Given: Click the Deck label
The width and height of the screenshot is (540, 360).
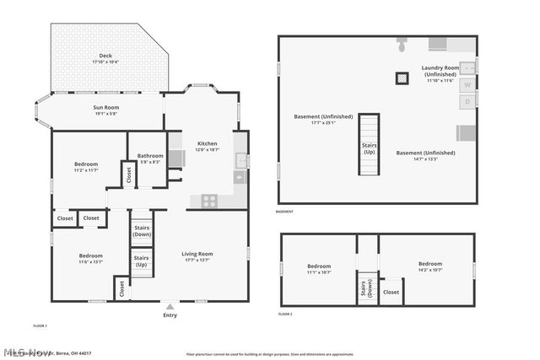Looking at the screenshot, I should [x=105, y=59].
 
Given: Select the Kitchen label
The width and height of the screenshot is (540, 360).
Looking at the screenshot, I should [x=208, y=146].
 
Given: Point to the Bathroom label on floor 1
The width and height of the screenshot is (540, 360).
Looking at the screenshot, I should [x=150, y=158].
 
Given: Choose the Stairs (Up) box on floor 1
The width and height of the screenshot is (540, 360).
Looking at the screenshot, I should [x=142, y=261].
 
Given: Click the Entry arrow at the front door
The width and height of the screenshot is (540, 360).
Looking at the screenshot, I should [x=170, y=306].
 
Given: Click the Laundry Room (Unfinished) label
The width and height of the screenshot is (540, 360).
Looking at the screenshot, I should [x=440, y=73].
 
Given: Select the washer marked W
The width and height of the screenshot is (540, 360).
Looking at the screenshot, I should [x=467, y=83].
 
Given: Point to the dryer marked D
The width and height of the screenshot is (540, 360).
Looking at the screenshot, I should [x=467, y=101].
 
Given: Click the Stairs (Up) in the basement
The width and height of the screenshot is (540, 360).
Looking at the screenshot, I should [x=369, y=145].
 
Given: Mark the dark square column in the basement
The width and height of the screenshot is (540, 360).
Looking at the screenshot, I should [x=402, y=78].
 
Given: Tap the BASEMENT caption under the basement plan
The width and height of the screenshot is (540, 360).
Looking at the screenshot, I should [x=285, y=212].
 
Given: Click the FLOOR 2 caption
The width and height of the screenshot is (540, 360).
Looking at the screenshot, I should [x=285, y=314].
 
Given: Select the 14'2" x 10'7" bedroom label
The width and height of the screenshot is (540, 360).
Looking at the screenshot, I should [x=430, y=266].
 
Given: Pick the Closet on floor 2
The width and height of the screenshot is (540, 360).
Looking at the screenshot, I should [x=391, y=292].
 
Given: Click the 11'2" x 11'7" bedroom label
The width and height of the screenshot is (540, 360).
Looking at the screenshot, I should [x=86, y=167].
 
